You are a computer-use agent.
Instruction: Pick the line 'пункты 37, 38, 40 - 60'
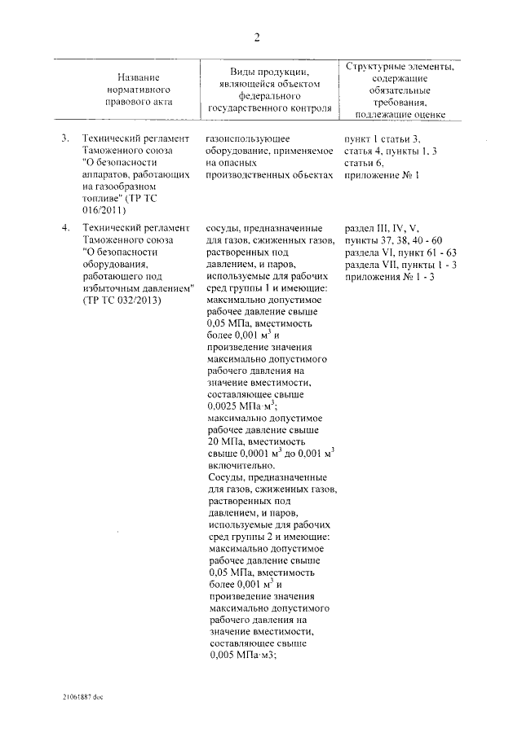393,240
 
